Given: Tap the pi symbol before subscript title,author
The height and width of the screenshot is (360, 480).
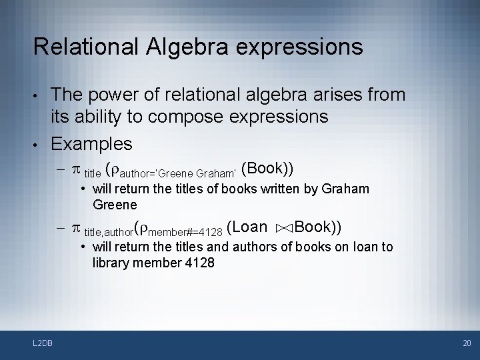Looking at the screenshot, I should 75,228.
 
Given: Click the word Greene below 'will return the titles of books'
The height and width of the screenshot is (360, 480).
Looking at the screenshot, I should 115,204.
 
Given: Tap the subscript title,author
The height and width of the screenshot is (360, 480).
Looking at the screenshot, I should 108,232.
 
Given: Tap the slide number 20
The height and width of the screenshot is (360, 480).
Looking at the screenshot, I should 466,343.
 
